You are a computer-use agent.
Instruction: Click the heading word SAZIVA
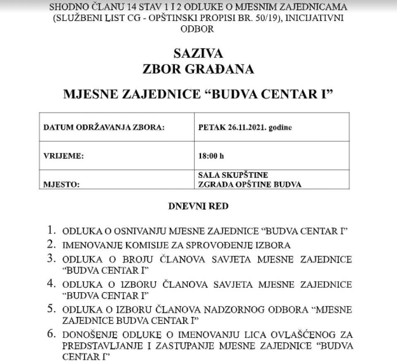pyautogui.click(x=198, y=53)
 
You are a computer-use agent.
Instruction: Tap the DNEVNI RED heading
pyautogui.click(x=198, y=206)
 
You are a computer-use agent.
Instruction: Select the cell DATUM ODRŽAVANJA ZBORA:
pyautogui.click(x=104, y=128)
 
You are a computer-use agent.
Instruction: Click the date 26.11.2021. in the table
pyautogui.click(x=246, y=128)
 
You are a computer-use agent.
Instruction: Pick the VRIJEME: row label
pyautogui.click(x=63, y=157)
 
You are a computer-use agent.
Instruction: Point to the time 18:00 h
pyautogui.click(x=211, y=157)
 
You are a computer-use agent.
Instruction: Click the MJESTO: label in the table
pyautogui.click(x=61, y=184)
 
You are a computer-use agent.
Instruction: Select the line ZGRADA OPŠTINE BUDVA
pyautogui.click(x=250, y=184)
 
